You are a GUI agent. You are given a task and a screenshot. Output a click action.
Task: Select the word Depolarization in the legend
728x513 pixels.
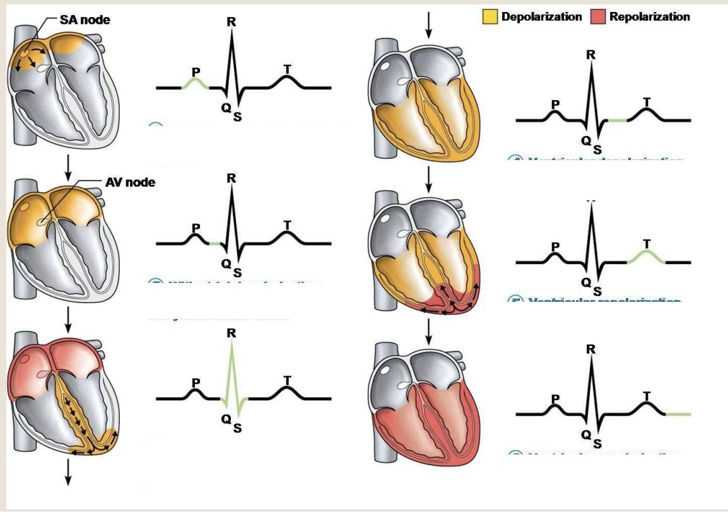pos(541,17)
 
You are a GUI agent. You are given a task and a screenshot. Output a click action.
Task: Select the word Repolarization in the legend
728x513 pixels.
pos(650,17)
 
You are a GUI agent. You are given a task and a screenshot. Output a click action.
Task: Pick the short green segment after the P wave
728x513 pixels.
pos(214,243)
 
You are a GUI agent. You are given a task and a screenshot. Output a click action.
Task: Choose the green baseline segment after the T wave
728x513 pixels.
pos(678,414)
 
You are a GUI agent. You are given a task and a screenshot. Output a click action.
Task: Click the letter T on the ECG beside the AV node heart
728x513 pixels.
pos(288,224)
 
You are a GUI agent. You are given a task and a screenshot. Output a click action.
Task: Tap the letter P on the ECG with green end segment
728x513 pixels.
pos(555,398)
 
